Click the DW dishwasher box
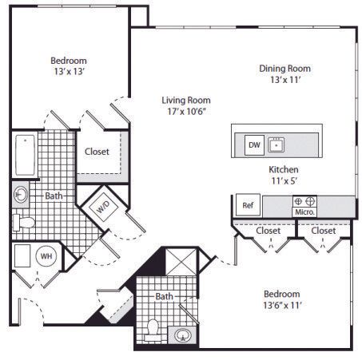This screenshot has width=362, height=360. [254, 145]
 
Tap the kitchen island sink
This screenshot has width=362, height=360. [276, 145]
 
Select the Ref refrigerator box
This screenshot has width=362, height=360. [248, 205]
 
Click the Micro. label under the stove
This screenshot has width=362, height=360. [304, 212]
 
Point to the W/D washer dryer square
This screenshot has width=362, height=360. [103, 207]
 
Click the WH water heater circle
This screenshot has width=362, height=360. [46, 256]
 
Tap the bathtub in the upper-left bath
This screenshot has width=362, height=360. [25, 155]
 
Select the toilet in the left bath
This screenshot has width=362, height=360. [24, 223]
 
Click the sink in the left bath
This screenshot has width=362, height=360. [21, 194]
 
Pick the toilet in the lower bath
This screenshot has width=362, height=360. [153, 330]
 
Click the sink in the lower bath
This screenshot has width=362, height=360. [183, 335]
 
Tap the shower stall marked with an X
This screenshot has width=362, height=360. [181, 262]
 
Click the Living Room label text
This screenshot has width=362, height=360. [186, 101]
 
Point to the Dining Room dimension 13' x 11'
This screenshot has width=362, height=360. [285, 80]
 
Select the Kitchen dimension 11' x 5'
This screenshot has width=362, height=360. [284, 181]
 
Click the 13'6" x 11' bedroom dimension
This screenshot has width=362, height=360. [282, 305]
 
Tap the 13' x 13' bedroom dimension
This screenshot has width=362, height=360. [70, 71]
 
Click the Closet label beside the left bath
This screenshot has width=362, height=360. [97, 152]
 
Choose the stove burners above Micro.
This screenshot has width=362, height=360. [304, 201]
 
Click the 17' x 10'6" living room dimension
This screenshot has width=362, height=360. [187, 111]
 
